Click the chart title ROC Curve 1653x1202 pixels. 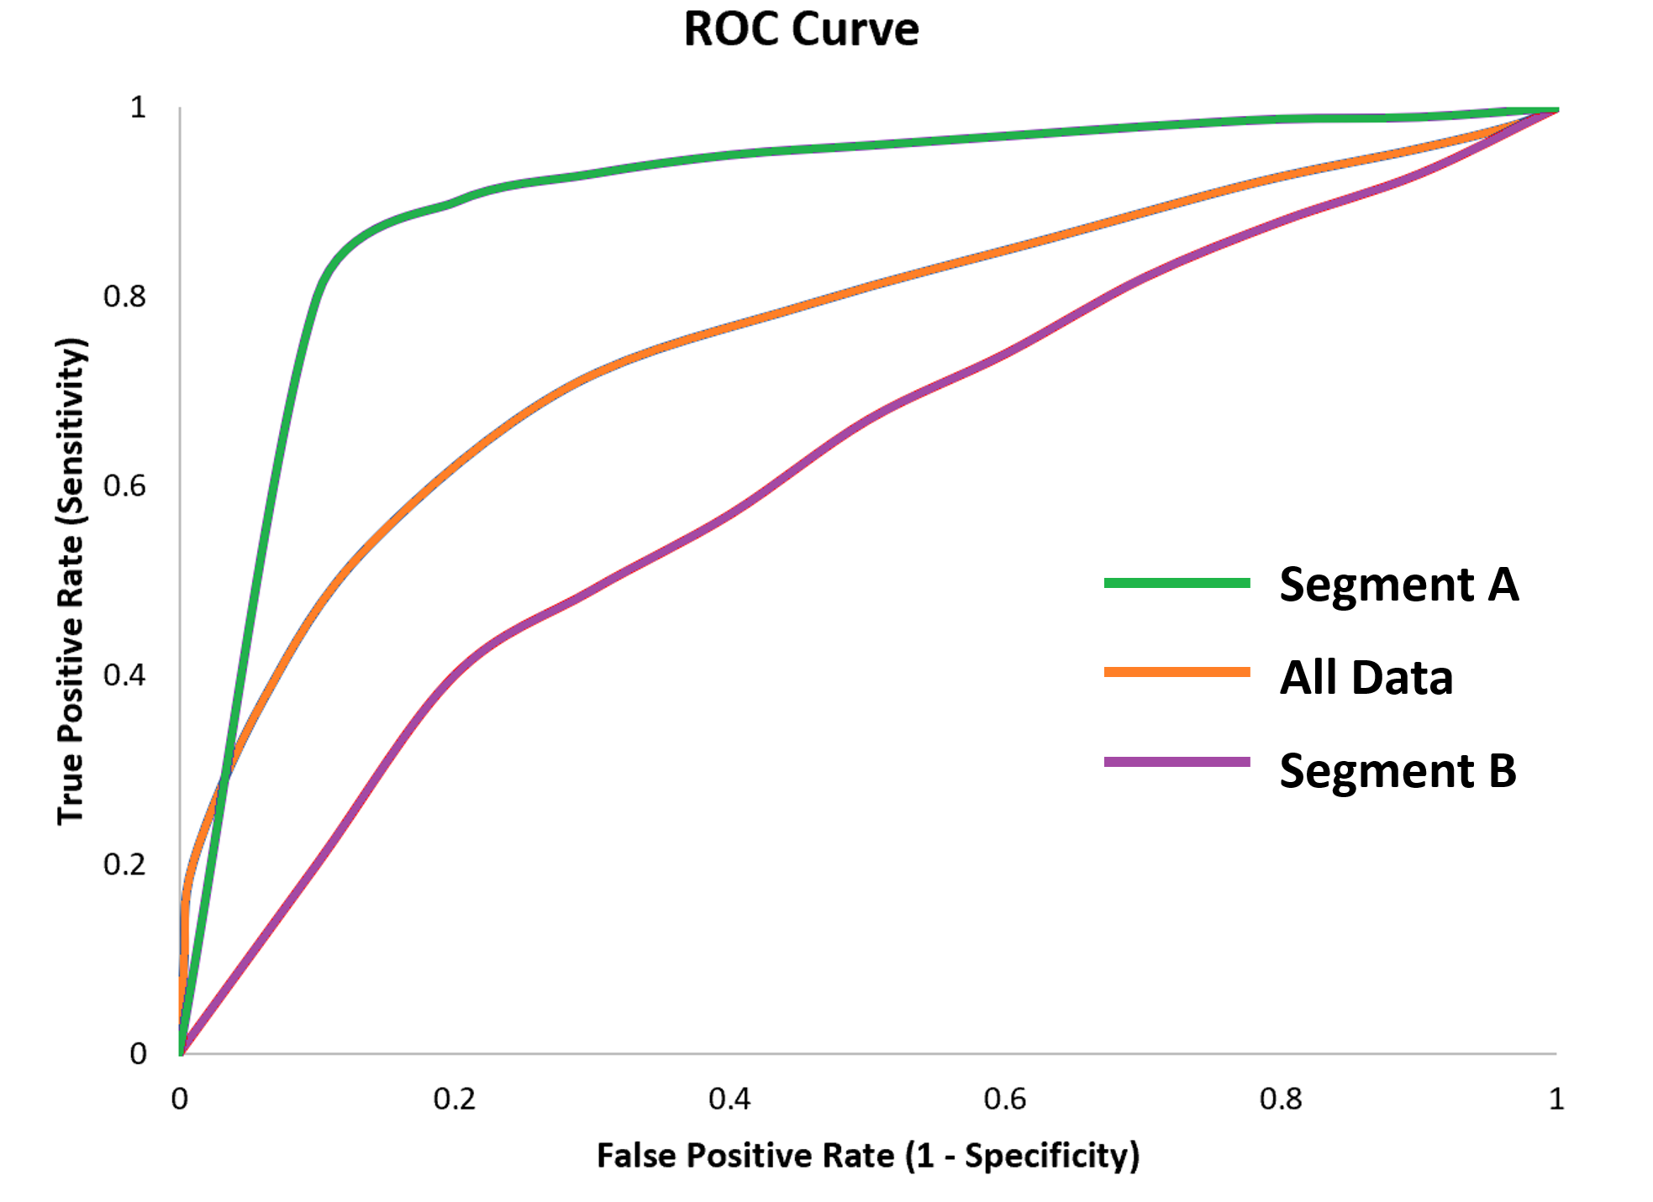point(801,29)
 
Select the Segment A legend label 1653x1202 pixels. point(1398,584)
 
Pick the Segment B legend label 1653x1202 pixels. point(1398,770)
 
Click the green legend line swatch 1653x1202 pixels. point(1177,583)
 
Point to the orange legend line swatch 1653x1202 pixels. point(1177,672)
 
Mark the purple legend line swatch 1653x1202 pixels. point(1177,762)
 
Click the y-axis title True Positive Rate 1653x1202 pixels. point(72,581)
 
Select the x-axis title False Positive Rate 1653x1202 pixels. point(867,1156)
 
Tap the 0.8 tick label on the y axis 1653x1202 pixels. point(124,297)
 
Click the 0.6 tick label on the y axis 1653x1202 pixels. point(124,486)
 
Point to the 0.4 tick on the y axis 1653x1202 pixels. point(124,674)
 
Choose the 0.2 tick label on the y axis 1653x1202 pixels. point(124,864)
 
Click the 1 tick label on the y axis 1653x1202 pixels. point(138,108)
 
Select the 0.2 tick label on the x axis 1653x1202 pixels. point(455,1099)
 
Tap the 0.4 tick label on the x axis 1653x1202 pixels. point(729,1099)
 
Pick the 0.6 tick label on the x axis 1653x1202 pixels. point(1005,1099)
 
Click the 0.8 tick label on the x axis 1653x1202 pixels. point(1281,1099)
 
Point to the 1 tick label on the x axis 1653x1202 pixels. point(1556,1099)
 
